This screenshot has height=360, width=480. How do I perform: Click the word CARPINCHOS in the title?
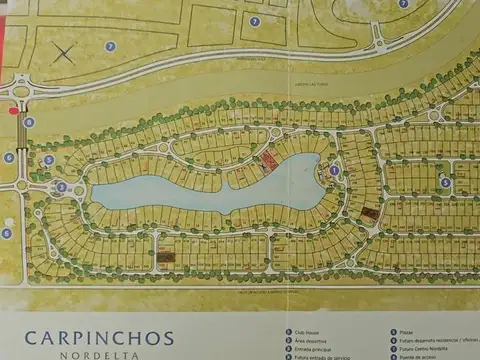pos(99,339)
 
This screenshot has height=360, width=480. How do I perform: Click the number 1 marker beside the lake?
pos(334,170)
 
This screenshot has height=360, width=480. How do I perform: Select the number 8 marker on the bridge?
pos(29,122)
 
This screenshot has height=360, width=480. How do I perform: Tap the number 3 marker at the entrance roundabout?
pos(61,186)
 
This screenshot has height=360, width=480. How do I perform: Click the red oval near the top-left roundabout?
pos(14,111)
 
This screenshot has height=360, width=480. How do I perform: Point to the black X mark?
pos(65,52)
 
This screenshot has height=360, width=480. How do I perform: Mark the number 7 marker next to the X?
pos(110,46)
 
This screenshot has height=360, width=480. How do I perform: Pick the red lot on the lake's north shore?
pos(268,160)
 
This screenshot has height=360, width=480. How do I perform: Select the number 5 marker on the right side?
pos(446,183)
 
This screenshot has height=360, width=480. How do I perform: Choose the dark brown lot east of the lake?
pos(370,214)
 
